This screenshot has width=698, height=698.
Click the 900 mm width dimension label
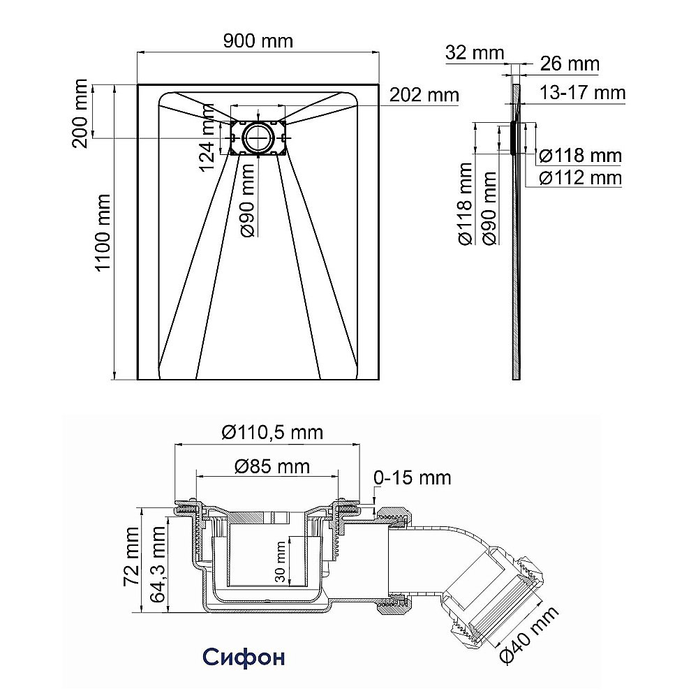coord(258,41)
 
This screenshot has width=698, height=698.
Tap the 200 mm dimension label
coord(80,114)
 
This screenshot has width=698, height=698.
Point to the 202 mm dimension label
coord(424,95)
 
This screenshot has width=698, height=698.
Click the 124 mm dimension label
coord(207,138)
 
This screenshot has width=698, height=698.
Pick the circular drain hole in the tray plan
coord(258,138)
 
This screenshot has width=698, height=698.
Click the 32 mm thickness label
coord(475,52)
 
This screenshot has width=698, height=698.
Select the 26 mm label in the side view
coord(570,64)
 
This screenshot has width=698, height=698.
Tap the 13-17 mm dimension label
coord(583,93)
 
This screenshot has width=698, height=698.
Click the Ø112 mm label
coord(581,178)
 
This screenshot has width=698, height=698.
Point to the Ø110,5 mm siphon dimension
coord(272,432)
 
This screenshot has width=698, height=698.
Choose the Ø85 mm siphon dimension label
coord(272,466)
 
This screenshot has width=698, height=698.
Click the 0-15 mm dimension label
coord(413,477)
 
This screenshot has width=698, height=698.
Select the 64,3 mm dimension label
coord(158,565)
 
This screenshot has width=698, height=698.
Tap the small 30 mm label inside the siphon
coord(280,562)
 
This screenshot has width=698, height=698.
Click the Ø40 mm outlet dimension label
coord(528,635)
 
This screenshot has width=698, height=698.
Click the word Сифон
coord(244,657)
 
